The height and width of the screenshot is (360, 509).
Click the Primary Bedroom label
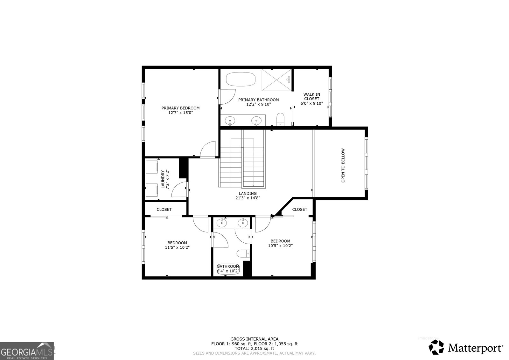[x=180, y=108]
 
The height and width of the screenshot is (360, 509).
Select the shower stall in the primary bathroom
[x=276, y=79]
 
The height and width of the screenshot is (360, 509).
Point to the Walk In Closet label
[x=311, y=97]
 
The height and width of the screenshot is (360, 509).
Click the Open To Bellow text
[x=343, y=165]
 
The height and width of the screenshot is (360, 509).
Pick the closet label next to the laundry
[x=164, y=209]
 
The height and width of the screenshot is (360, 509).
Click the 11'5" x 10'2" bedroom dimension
[x=177, y=247]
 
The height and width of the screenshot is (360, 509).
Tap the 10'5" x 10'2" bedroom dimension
[x=280, y=246]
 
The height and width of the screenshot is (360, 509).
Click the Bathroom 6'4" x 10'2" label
[x=228, y=269]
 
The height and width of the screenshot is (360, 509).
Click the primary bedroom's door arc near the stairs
[x=208, y=150]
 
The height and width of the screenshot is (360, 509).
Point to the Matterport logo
[x=466, y=347]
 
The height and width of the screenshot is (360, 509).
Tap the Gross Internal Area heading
[x=254, y=339]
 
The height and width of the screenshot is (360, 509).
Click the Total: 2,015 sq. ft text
[x=254, y=349]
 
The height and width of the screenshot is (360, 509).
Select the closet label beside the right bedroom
[x=300, y=209]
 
